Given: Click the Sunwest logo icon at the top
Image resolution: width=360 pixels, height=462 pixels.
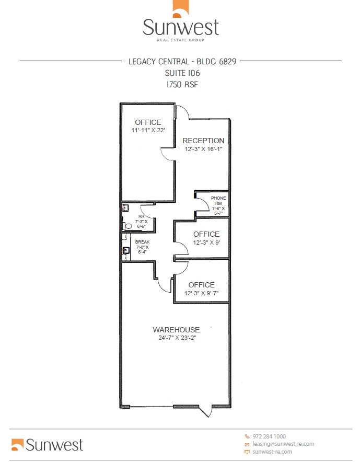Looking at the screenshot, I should [x=180, y=10].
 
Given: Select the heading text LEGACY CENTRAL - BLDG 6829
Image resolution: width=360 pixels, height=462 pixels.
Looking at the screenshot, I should [x=182, y=61].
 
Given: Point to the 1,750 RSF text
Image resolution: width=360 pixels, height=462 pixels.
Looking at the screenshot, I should [x=182, y=84].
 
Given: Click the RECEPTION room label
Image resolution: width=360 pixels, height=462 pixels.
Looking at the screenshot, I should [x=204, y=141].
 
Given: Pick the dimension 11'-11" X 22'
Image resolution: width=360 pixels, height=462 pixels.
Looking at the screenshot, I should [x=148, y=130].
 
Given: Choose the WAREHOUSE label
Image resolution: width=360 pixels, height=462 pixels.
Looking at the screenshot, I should [x=176, y=330].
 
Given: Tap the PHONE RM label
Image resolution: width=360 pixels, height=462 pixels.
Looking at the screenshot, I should [x=218, y=201].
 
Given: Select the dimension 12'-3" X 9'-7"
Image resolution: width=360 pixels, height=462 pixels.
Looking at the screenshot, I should [x=202, y=293].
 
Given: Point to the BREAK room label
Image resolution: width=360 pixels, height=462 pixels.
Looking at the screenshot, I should [x=142, y=242].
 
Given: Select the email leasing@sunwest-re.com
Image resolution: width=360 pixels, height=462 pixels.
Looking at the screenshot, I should [x=283, y=444].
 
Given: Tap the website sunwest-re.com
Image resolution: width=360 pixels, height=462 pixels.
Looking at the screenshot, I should [x=272, y=452].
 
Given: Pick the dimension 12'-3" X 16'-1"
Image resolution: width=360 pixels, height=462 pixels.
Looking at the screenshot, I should [x=204, y=149].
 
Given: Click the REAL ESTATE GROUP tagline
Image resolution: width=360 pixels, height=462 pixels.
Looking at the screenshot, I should [x=181, y=40].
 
